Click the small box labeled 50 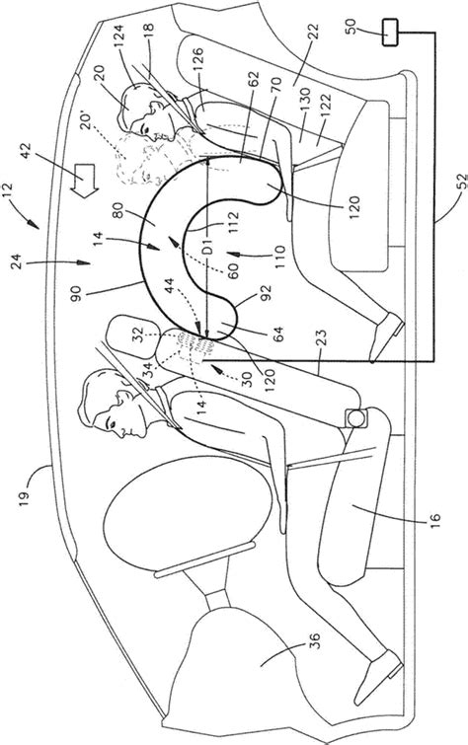391,33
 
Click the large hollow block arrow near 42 84,184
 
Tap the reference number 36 314,640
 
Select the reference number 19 25,497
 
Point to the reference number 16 434,519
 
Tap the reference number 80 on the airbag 117,210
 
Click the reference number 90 77,290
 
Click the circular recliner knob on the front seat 356,418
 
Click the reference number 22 314,35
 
